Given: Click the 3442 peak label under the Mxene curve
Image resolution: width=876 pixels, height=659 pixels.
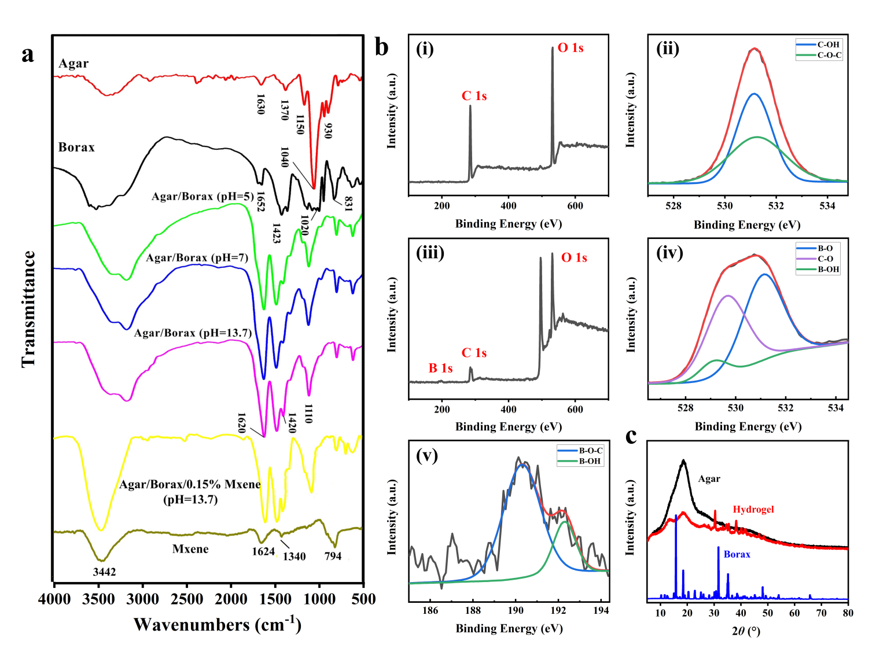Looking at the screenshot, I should [x=104, y=572].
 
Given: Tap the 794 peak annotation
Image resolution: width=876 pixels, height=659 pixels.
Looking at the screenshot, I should [x=333, y=556].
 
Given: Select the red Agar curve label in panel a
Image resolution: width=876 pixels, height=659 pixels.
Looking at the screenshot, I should [x=73, y=63].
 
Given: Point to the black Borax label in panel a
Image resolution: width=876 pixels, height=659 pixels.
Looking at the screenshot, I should [x=76, y=147].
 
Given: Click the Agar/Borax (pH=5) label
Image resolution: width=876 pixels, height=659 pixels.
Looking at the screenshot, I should [x=203, y=196].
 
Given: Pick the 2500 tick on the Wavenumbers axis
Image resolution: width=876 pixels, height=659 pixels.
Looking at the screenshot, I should [x=186, y=599].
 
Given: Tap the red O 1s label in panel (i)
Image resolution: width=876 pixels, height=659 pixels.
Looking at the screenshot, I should [x=570, y=48].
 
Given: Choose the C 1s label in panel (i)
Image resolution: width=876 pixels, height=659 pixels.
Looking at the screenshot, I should [x=474, y=96].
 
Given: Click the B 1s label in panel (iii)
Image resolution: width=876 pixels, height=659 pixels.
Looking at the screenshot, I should [x=440, y=368].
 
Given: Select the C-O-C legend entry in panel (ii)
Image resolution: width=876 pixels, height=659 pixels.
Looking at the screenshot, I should [x=829, y=56].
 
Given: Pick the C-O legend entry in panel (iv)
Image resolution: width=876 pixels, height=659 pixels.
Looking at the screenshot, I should [x=825, y=259].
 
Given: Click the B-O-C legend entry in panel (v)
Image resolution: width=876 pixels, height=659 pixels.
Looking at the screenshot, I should [x=591, y=450].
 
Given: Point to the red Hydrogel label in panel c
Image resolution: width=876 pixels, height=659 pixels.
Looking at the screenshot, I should [x=753, y=509].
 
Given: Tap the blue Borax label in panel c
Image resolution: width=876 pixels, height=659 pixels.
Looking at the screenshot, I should [x=737, y=554].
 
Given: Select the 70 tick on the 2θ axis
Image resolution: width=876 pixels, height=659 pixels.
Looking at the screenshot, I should [x=821, y=613].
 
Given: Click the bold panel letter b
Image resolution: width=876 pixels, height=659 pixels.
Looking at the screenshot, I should [x=381, y=47].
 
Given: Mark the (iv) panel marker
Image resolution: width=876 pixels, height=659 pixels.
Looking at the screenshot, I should [x=669, y=253].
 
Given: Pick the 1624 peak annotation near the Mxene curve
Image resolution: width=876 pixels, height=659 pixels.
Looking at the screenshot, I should [x=263, y=551].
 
